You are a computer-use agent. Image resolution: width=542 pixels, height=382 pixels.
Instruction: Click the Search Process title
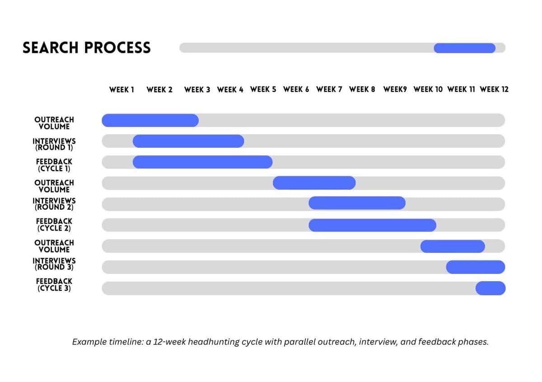tap(86, 47)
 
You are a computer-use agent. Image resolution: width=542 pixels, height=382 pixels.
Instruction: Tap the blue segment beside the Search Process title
tap(464, 48)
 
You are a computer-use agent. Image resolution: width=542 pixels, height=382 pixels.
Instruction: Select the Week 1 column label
tap(121, 90)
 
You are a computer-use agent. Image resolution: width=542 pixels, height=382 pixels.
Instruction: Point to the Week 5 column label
tap(263, 90)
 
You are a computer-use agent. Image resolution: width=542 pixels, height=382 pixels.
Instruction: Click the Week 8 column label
tap(362, 90)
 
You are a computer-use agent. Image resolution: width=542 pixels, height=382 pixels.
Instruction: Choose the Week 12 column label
tap(494, 90)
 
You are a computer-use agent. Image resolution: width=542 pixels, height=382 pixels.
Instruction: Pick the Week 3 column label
tap(197, 90)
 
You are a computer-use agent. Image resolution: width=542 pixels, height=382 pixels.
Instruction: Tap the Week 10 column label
tap(428, 90)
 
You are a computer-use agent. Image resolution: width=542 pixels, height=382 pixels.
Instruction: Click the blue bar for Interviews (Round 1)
tap(188, 141)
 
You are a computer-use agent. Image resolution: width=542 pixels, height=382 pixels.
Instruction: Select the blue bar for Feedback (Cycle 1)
tap(202, 162)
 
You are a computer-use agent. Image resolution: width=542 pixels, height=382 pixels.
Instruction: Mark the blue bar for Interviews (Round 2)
tap(357, 203)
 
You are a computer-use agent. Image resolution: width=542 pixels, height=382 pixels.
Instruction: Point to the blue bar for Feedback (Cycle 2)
tap(372, 225)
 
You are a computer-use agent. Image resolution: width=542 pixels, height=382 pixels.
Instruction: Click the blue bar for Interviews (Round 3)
tap(475, 267)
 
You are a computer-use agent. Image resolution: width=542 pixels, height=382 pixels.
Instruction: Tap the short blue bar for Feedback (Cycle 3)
tap(490, 288)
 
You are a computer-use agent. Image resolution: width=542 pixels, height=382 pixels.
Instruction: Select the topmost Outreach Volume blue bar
tap(150, 120)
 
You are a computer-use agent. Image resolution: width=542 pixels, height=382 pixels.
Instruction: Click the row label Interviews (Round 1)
tap(54, 144)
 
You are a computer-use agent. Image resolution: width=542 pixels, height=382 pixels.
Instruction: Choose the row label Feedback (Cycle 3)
tap(54, 285)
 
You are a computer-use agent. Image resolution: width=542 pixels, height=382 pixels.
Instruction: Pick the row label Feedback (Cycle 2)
tap(54, 225)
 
